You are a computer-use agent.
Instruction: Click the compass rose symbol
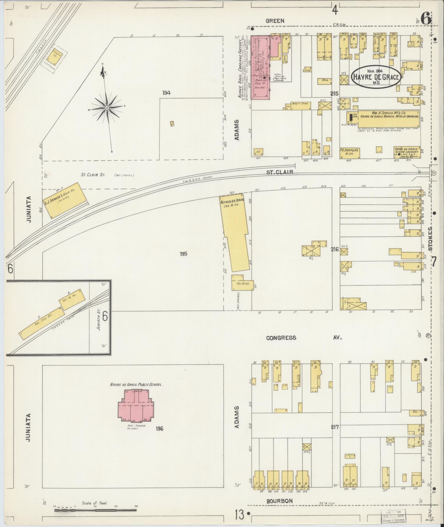[x=106, y=106]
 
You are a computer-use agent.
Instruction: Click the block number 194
[x=166, y=93]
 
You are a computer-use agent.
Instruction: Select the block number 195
[x=183, y=254]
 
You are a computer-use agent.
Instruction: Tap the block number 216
[x=334, y=249]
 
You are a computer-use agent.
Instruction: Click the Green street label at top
[x=275, y=21]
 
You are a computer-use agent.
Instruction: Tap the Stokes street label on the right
[x=431, y=239]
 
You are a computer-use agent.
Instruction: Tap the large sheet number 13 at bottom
[x=239, y=515]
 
